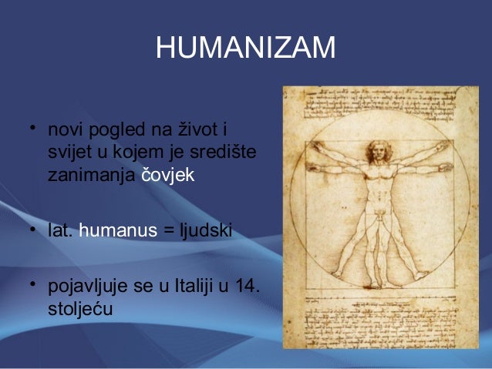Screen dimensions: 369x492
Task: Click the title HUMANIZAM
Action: (x=245, y=49)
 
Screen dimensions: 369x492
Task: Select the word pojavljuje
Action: (x=85, y=288)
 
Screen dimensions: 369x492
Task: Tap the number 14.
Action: (x=247, y=287)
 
